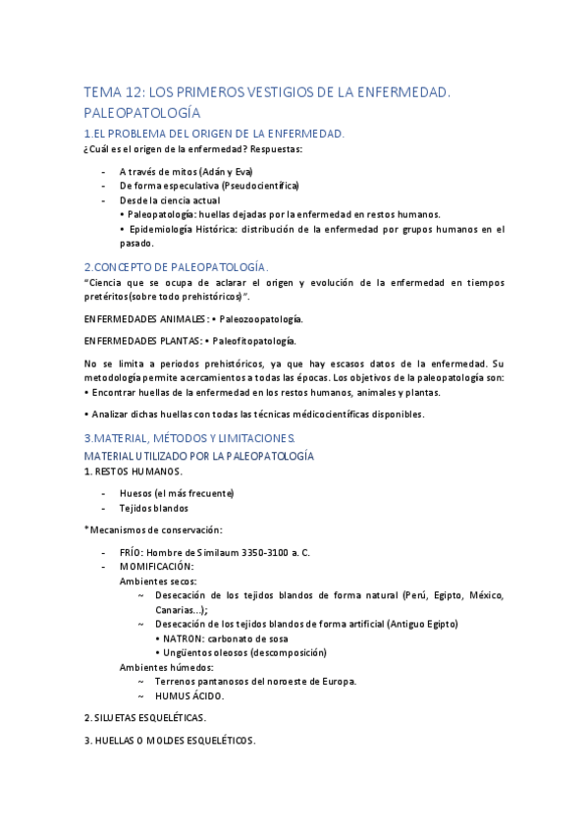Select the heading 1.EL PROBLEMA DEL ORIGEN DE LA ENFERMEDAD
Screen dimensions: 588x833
point(214,133)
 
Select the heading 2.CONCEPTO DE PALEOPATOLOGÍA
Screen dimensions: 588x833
point(176,266)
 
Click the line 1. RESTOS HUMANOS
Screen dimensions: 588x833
point(133,471)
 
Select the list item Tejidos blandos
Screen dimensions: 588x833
point(154,508)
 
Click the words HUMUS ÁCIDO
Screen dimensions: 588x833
point(189,695)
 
